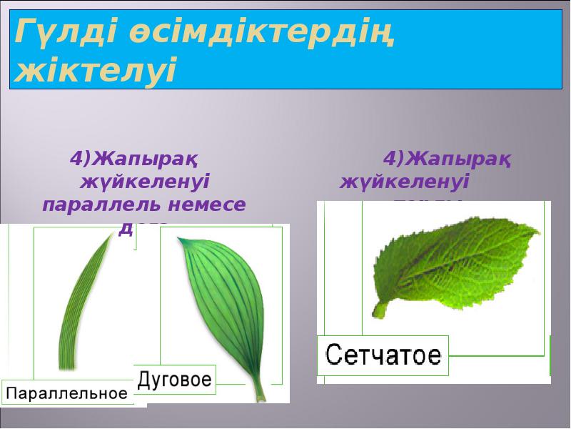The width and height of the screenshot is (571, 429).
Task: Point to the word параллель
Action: tap(103, 204)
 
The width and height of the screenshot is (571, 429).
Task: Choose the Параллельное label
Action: tap(67, 393)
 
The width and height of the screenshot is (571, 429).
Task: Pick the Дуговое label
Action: tap(175, 378)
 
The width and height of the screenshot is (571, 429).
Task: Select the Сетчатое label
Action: tap(383, 355)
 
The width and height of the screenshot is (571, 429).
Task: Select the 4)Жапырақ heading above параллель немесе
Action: tap(133, 157)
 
